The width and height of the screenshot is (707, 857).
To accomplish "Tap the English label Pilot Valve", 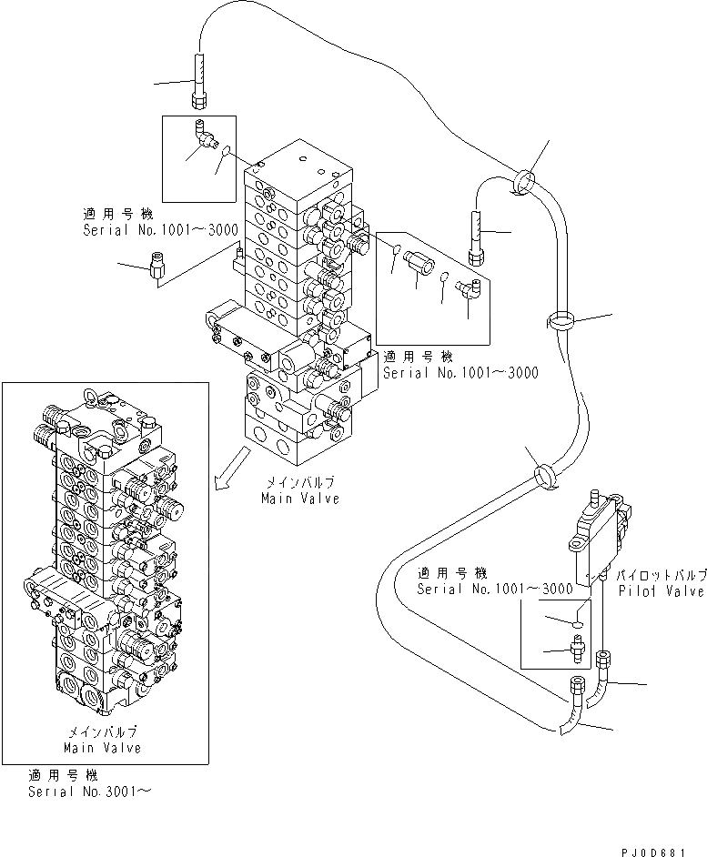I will click(x=660, y=590).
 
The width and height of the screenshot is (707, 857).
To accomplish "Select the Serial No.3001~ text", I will click(x=88, y=791).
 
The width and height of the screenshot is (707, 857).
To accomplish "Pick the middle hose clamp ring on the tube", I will click(x=560, y=321).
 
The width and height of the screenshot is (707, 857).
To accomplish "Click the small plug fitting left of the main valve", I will click(x=153, y=267).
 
